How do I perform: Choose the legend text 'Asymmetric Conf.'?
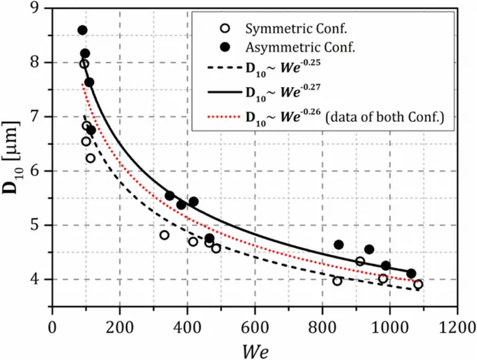pyautogui.click(x=290, y=47)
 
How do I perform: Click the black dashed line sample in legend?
pyautogui.click(x=223, y=68)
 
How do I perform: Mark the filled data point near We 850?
pyautogui.click(x=339, y=244)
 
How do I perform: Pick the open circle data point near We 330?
pyautogui.click(x=164, y=235)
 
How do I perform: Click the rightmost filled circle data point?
pyautogui.click(x=412, y=274)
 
